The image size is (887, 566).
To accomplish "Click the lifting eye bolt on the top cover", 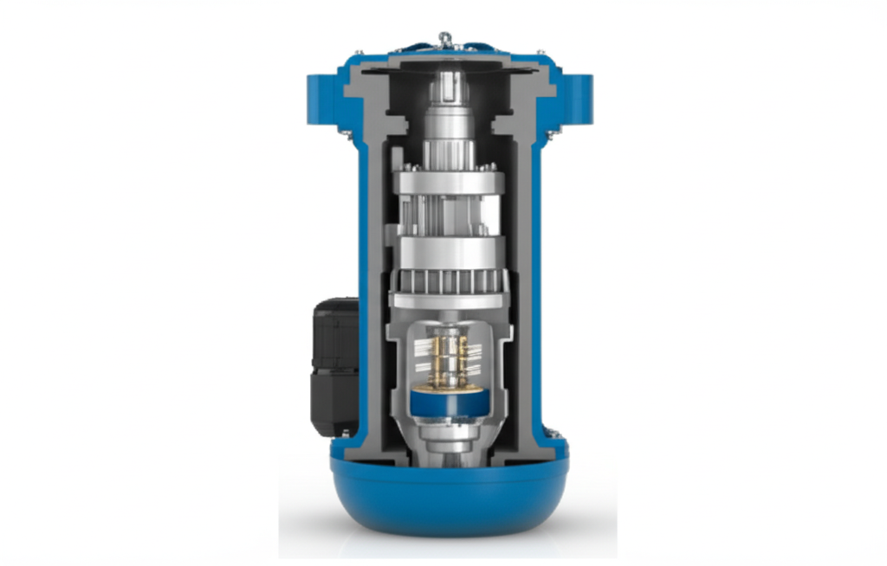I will (x=444, y=38).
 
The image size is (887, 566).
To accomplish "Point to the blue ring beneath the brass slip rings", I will (x=450, y=401).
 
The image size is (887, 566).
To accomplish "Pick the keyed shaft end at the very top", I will (x=450, y=86).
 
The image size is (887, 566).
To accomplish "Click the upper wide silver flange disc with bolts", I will (x=450, y=183).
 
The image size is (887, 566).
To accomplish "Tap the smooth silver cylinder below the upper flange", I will (x=450, y=252).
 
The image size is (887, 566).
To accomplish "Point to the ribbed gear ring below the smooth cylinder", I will (x=450, y=280).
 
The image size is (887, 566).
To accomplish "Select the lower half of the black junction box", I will (x=335, y=403).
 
